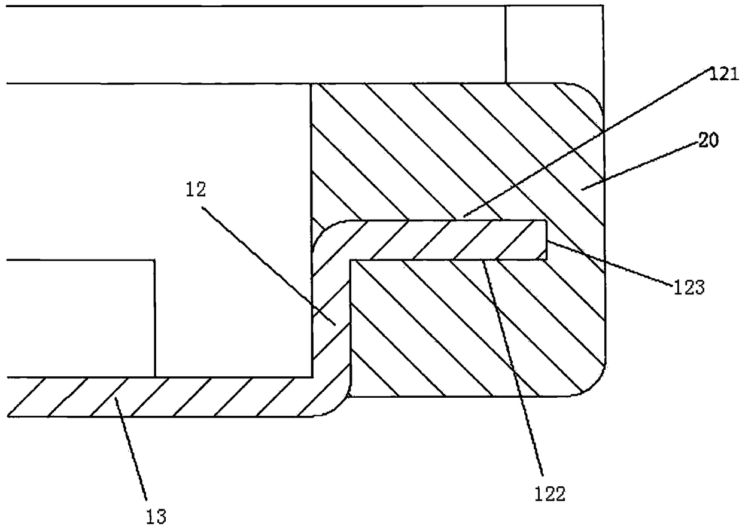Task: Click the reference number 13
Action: coord(156,515)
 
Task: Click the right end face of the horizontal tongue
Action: coord(547,240)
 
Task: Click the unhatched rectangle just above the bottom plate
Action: coord(78,318)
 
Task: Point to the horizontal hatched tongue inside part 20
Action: coord(449,240)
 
